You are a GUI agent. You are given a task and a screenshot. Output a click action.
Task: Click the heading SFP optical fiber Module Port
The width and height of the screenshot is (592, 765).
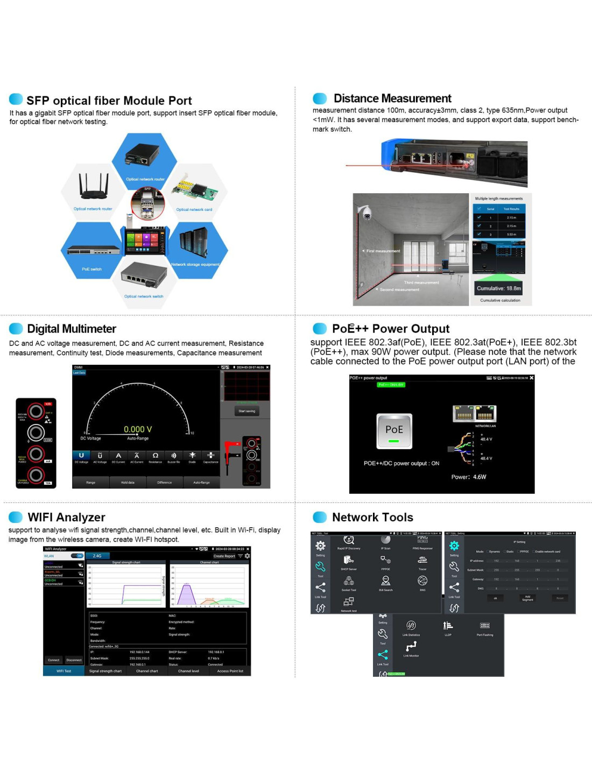[x=109, y=101]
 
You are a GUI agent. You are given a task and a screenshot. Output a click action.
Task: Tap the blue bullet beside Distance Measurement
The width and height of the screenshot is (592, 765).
[x=320, y=98]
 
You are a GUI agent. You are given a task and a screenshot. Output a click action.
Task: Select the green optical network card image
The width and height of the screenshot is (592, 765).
[x=194, y=189]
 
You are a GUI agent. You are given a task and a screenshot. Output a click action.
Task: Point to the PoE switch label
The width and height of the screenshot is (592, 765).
[x=91, y=269]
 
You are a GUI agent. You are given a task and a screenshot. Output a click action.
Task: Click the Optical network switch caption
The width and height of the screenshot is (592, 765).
[x=144, y=296]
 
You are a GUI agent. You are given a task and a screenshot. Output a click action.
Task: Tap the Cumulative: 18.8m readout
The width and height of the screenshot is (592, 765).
[x=499, y=288]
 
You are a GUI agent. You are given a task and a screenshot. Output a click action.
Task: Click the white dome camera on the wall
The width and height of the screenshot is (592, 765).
[x=366, y=212]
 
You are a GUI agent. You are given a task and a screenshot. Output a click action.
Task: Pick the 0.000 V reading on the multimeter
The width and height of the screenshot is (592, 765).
[x=138, y=429]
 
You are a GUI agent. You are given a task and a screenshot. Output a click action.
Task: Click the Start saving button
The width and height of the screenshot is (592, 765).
[x=246, y=411]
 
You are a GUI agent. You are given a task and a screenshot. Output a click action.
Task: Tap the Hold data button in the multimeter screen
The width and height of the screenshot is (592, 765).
[x=128, y=483]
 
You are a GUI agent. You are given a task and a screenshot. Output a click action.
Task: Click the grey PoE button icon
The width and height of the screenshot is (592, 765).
[x=394, y=431]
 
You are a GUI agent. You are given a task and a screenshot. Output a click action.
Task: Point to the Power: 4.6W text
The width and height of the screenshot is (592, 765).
[x=468, y=477]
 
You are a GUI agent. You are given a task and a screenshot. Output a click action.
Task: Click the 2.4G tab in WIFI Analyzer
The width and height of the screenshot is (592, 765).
[x=98, y=556]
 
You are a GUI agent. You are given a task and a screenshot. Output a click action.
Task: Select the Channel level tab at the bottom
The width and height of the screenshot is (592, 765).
[x=188, y=671]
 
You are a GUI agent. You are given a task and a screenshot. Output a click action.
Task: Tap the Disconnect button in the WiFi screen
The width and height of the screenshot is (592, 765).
[x=74, y=660]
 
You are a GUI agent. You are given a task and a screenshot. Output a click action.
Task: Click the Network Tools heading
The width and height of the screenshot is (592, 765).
[x=372, y=517]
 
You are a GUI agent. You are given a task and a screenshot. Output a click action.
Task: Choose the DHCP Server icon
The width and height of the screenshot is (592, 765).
[x=349, y=562]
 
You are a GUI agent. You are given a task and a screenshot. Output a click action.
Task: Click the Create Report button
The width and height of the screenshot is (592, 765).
[x=224, y=556]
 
